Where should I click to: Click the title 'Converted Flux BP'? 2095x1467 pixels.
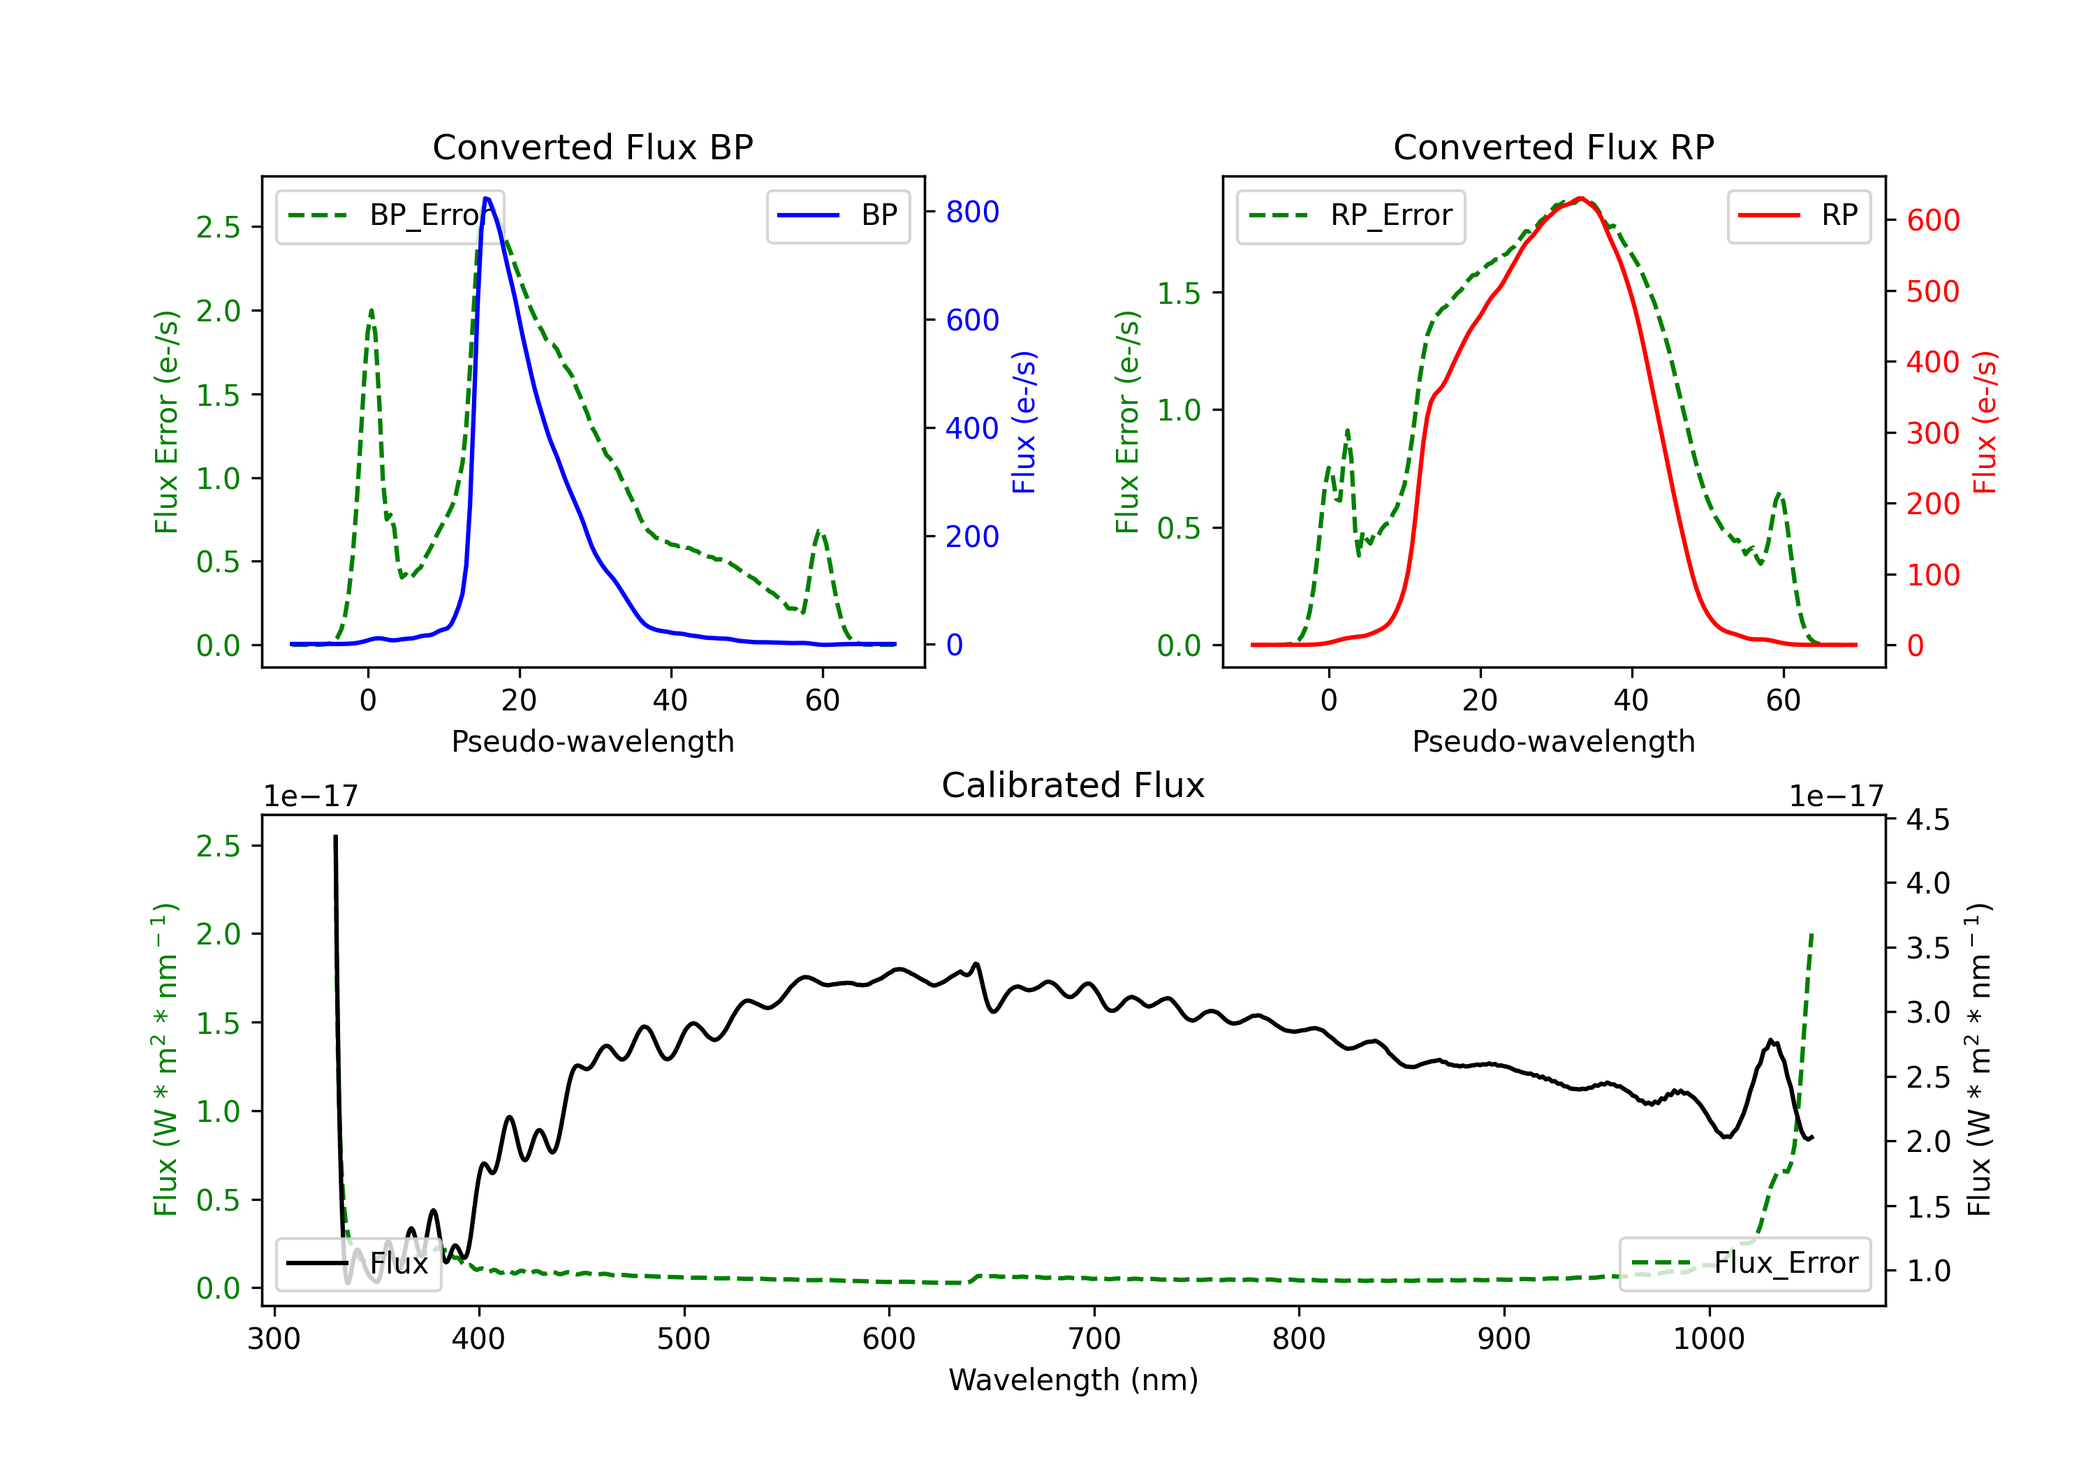click(592, 147)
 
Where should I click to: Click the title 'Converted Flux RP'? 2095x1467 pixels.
click(1553, 147)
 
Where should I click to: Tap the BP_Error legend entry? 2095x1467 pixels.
click(390, 215)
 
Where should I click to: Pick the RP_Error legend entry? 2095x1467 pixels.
click(1351, 215)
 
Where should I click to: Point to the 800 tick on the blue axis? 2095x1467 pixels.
click(972, 212)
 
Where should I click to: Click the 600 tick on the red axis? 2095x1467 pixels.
click(1932, 220)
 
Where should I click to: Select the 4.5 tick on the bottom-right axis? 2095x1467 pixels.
click(1927, 819)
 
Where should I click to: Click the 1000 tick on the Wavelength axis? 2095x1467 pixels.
click(1708, 1339)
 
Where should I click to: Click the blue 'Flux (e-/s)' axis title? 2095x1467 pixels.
click(1024, 422)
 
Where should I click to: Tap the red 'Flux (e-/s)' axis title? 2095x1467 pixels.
click(1985, 422)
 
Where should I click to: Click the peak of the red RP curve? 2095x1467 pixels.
click(1580, 199)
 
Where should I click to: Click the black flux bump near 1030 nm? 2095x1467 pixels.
click(1770, 1041)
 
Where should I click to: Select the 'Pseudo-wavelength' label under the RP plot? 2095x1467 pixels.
click(1553, 741)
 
